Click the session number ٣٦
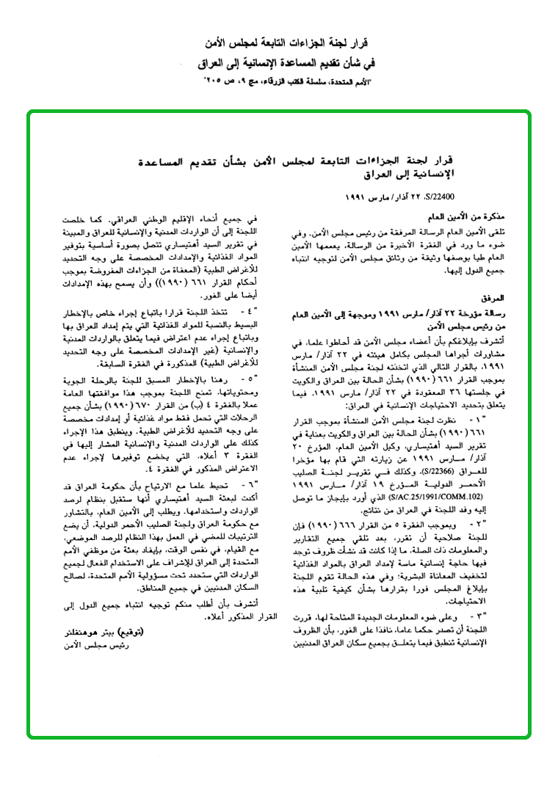click(x=460, y=393)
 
